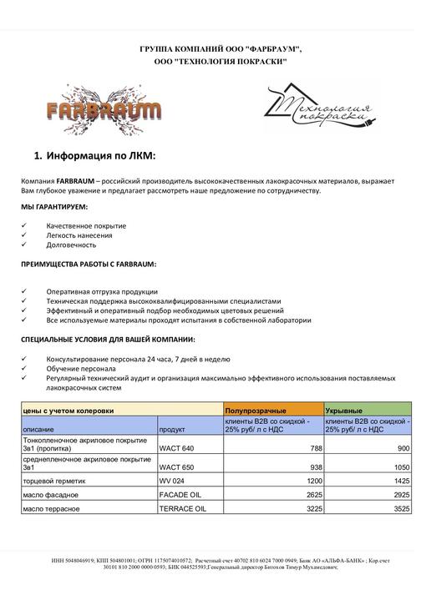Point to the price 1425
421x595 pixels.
tap(400, 482)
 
